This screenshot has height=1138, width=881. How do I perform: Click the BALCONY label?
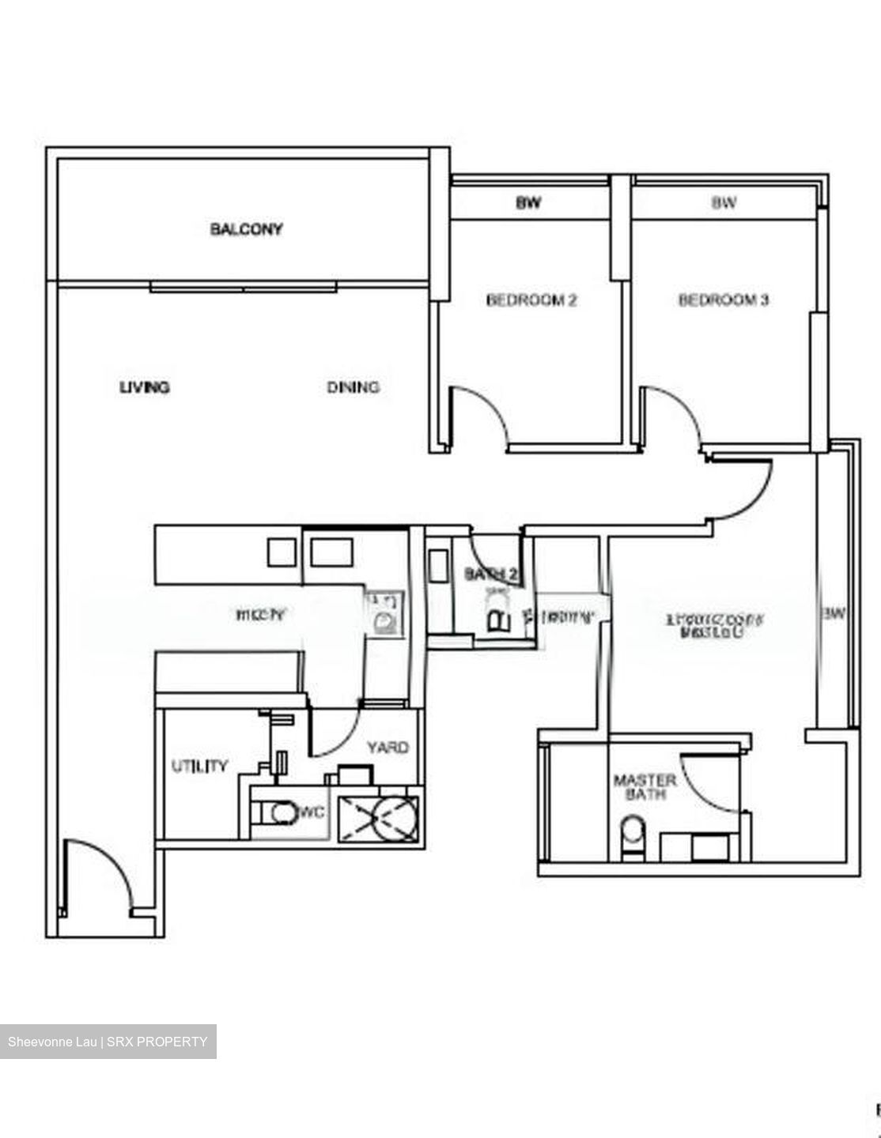tap(246, 229)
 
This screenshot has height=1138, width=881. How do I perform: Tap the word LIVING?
tap(144, 387)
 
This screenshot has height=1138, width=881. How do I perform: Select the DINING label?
tap(353, 386)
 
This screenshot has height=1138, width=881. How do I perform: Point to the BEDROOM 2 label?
tap(531, 300)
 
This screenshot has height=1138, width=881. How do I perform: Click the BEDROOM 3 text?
tap(724, 300)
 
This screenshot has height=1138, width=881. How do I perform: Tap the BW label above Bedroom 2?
tap(528, 203)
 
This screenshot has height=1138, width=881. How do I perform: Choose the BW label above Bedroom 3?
tap(724, 203)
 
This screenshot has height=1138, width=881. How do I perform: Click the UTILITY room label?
tap(199, 765)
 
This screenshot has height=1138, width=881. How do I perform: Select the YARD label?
tap(388, 747)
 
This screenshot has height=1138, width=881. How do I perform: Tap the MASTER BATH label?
tap(645, 787)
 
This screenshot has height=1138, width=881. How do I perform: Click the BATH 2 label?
tap(490, 575)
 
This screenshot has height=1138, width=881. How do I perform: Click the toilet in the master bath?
tap(633, 838)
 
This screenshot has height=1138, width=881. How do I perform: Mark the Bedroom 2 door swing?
tap(482, 411)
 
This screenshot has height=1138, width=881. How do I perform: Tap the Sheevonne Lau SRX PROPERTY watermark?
tap(108, 1042)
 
